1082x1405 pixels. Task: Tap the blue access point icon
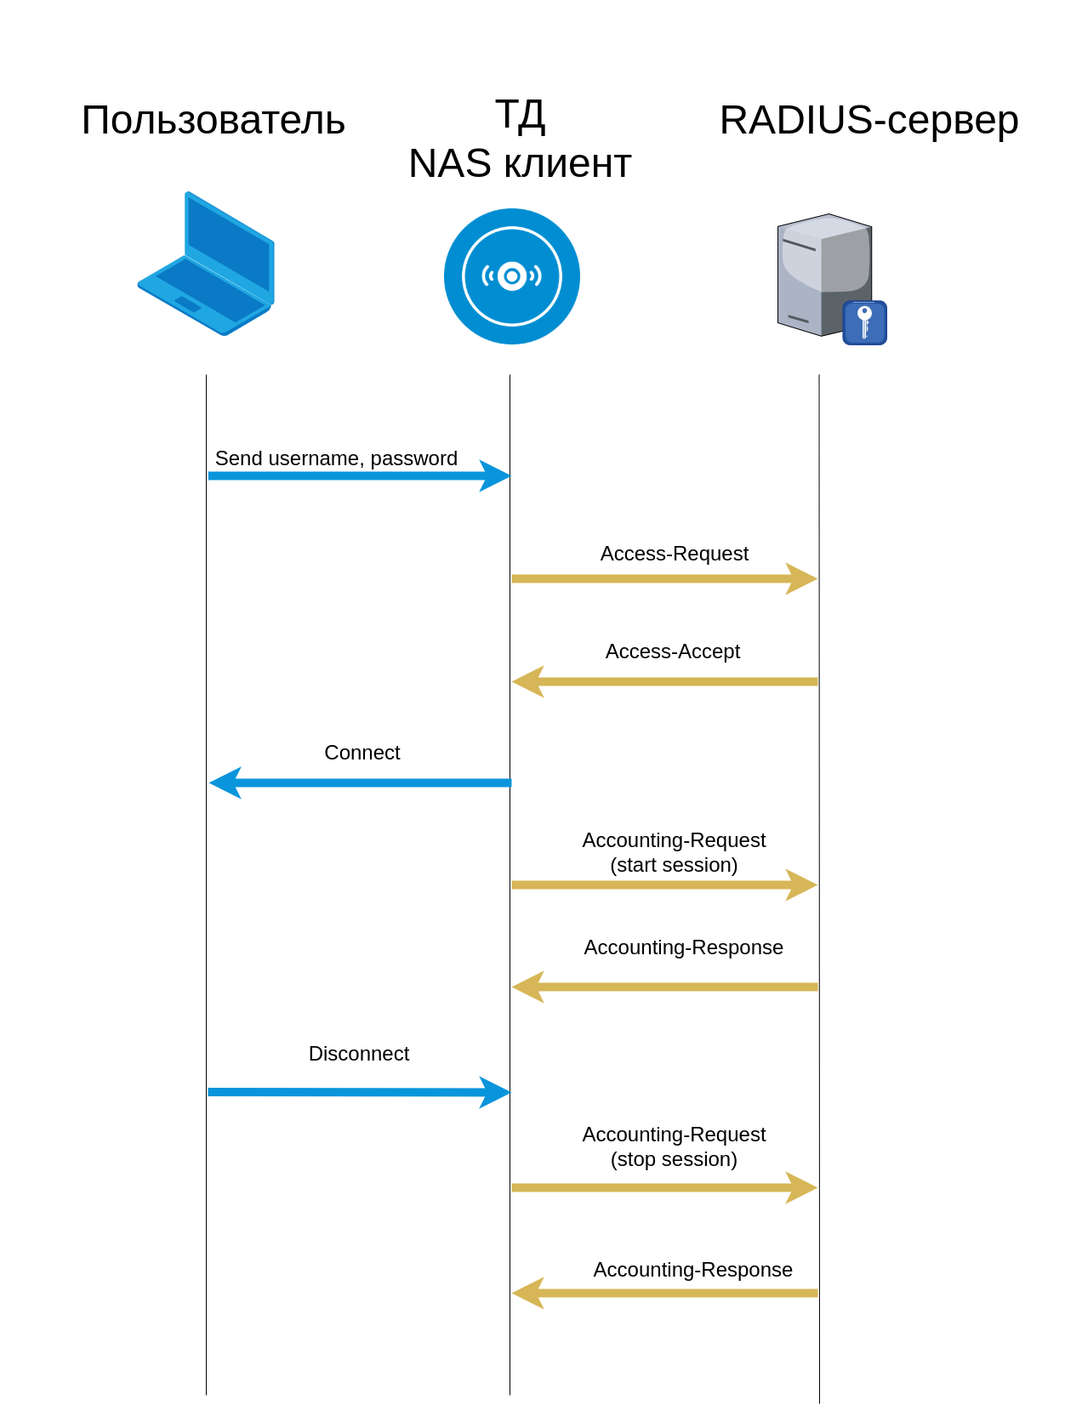(x=511, y=276)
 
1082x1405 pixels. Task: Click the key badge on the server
(x=864, y=323)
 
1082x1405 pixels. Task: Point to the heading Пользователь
(x=213, y=120)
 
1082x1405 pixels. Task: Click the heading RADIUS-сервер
(x=868, y=120)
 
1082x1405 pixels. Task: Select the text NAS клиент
(x=520, y=163)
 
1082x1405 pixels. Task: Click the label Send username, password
(x=336, y=458)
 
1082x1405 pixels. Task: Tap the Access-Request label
(x=674, y=554)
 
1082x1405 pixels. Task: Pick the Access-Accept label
(x=672, y=651)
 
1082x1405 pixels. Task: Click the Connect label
(x=362, y=753)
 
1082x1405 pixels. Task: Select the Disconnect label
(x=358, y=1054)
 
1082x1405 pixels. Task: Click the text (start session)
(x=674, y=865)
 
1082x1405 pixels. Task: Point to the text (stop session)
(x=674, y=1159)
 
